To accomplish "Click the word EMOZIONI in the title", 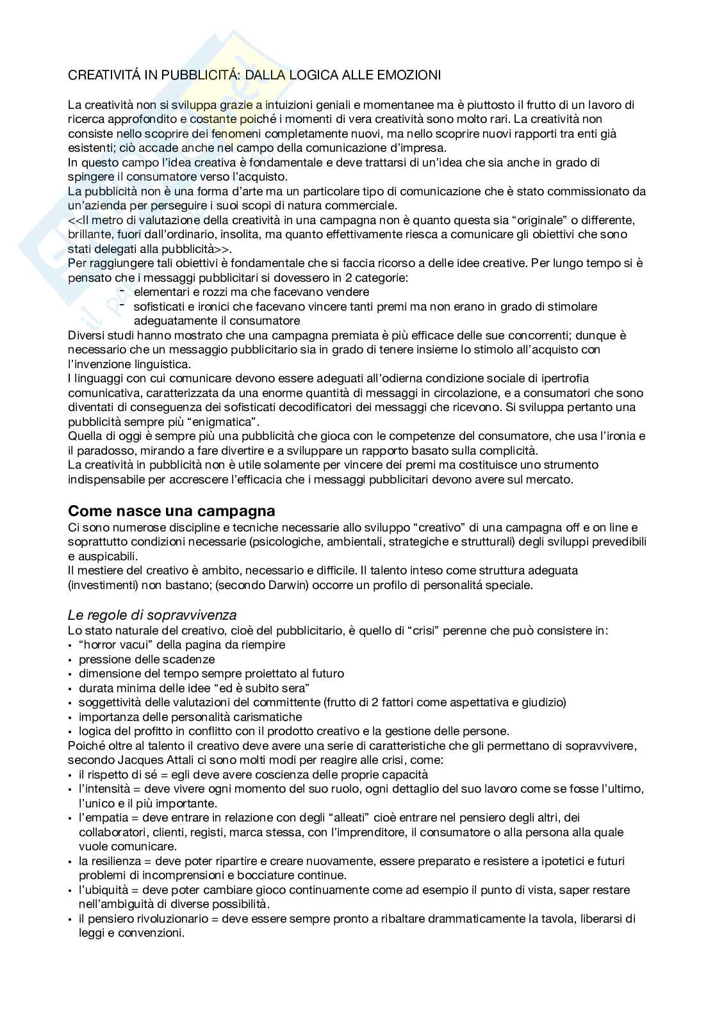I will click(411, 75).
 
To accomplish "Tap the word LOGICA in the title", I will click(313, 75).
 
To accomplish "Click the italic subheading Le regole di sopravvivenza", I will click(152, 615).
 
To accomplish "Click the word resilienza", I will click(115, 861).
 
